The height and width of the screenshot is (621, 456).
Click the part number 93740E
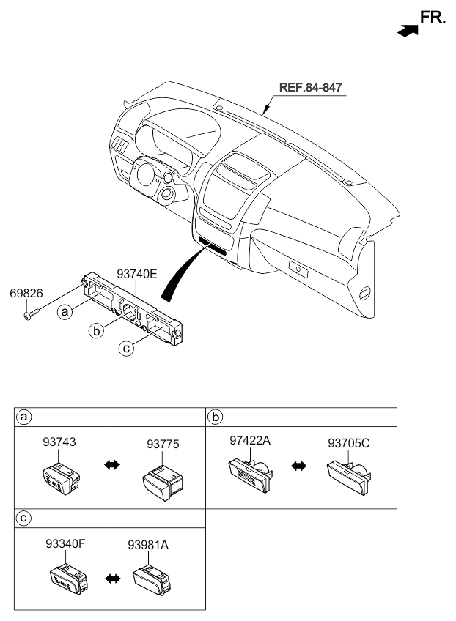pyautogui.click(x=137, y=274)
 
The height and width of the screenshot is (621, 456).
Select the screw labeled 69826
pyautogui.click(x=32, y=314)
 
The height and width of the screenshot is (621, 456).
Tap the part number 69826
pyautogui.click(x=26, y=294)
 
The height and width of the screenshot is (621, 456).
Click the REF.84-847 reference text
pyautogui.click(x=311, y=87)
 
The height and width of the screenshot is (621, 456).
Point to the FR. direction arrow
pyautogui.click(x=408, y=31)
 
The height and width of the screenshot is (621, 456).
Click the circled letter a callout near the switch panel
pyautogui.click(x=65, y=312)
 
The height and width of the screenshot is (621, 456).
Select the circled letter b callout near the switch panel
pyautogui.click(x=96, y=331)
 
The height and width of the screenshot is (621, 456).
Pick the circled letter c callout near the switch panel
pyautogui.click(x=126, y=348)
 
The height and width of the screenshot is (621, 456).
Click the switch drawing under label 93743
pyautogui.click(x=61, y=477)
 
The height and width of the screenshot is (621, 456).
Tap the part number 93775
pyautogui.click(x=163, y=445)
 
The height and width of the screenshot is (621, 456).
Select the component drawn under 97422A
pyautogui.click(x=251, y=474)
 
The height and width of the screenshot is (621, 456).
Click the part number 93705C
pyautogui.click(x=348, y=443)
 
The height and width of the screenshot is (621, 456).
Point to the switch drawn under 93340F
pyautogui.click(x=69, y=579)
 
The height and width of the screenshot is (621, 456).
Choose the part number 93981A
pyautogui.click(x=148, y=546)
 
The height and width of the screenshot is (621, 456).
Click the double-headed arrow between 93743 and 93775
pyautogui.click(x=112, y=465)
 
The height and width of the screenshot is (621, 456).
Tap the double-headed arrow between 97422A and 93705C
pyautogui.click(x=298, y=466)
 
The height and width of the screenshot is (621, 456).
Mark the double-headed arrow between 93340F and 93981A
pyautogui.click(x=113, y=579)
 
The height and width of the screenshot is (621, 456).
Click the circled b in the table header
pyautogui.click(x=216, y=417)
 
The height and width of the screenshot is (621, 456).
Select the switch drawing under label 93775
pyautogui.click(x=163, y=483)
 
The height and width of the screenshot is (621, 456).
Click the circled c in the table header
pyautogui.click(x=23, y=518)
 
